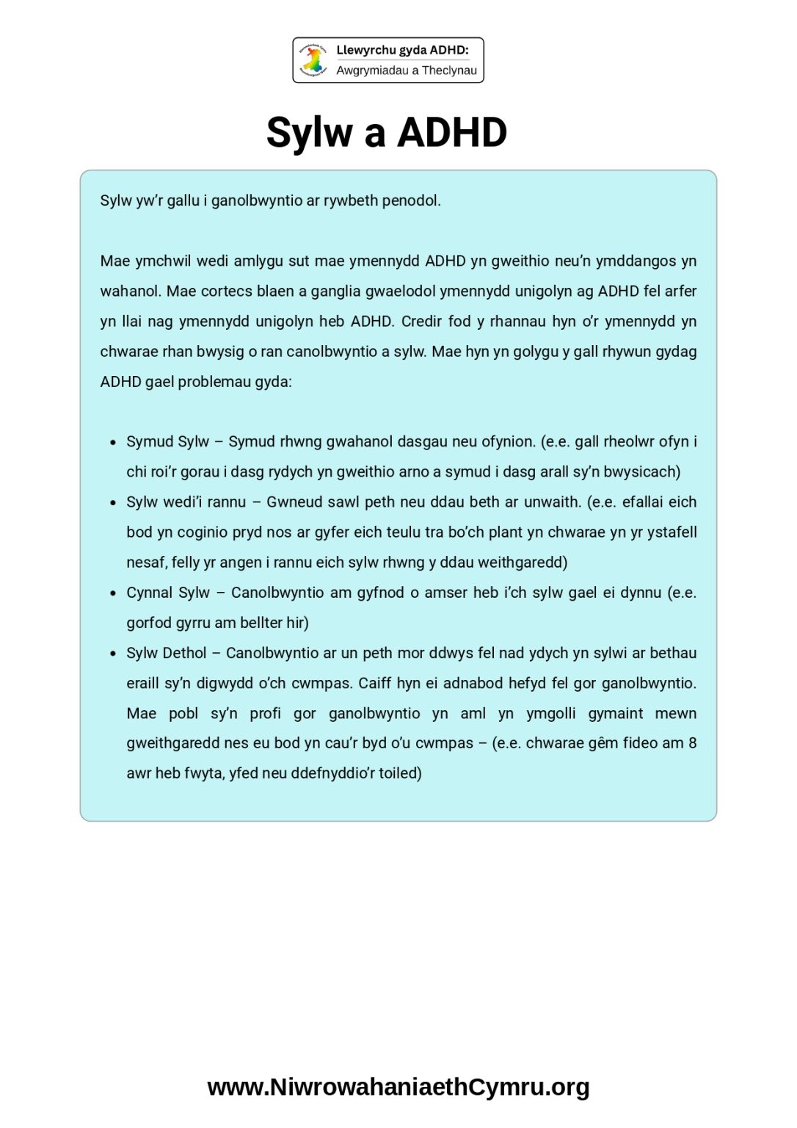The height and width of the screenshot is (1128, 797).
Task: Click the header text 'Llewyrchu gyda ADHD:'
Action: pos(402,50)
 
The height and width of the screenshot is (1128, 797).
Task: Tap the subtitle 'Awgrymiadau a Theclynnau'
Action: pos(407,70)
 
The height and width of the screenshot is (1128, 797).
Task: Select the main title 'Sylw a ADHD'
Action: pos(387,133)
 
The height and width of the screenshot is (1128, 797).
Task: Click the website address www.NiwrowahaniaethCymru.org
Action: pos(398,1087)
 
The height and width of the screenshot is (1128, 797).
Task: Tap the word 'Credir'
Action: pos(422,321)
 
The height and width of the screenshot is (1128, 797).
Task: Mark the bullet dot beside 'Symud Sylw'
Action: pos(113,443)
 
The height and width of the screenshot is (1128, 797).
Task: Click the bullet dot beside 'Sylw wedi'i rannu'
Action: pos(113,503)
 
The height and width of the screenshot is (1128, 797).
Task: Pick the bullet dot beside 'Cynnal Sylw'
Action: pos(113,593)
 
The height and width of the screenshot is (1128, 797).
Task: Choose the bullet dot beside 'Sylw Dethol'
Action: pos(113,654)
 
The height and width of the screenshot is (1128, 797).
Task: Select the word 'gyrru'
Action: pos(194,623)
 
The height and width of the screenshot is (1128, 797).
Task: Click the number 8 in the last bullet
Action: pos(692,742)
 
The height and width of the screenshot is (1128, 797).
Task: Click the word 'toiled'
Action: pos(399,773)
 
